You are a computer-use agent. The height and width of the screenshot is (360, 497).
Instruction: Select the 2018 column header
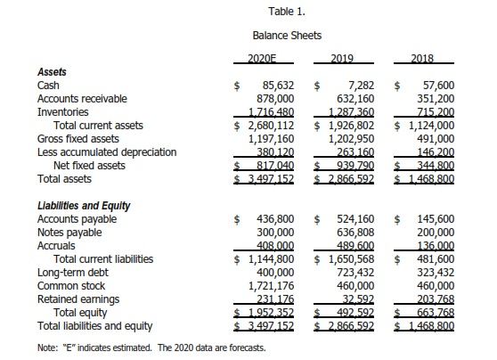coord(422,58)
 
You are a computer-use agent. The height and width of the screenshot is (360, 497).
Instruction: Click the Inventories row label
coord(62,112)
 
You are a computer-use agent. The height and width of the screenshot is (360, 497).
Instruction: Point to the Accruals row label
coord(56,245)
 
